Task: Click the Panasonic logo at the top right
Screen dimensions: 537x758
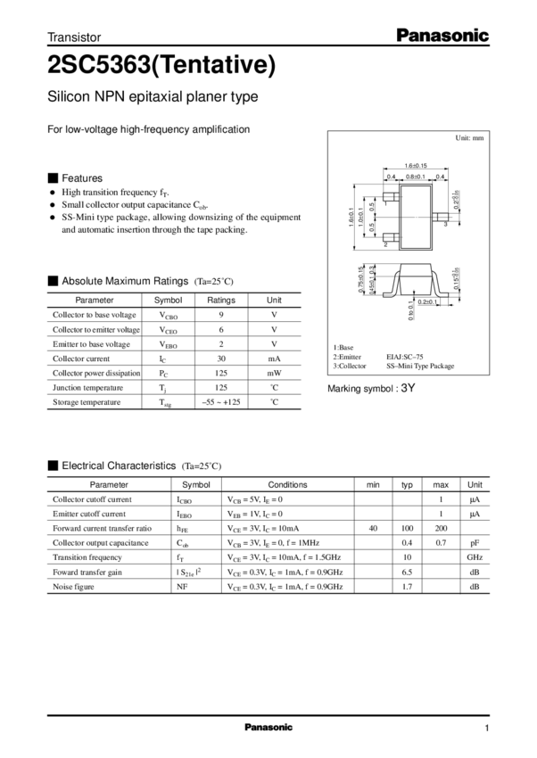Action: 442,37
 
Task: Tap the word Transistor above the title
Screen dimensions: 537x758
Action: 75,37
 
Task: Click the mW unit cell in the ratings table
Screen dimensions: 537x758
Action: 274,373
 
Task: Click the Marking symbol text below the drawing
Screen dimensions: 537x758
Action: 373,389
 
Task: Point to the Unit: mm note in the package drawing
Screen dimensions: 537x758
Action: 470,139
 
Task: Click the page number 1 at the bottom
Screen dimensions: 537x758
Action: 487,727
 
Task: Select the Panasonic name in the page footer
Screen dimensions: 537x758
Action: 268,727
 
